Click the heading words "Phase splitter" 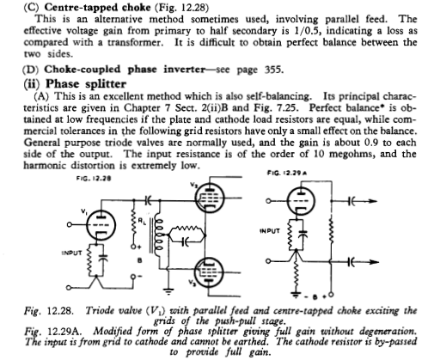[86, 84]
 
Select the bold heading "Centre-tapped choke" [97, 7]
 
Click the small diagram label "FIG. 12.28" [94, 179]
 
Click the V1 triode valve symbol [101, 225]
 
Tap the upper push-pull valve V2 [210, 198]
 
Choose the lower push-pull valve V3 [209, 272]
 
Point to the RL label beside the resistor [142, 221]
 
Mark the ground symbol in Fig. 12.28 [169, 291]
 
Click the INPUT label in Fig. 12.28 [72, 253]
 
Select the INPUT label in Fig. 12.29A [270, 231]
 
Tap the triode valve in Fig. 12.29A [301, 201]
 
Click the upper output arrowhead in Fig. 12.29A [372, 201]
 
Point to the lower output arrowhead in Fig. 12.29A [375, 262]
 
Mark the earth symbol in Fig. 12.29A [297, 295]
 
